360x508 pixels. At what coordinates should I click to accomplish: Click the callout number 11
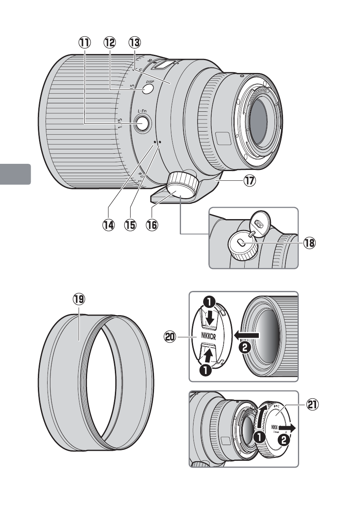coord(85,42)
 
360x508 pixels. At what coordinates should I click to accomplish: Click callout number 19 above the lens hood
coord(79,300)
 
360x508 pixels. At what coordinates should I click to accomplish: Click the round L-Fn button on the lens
coord(142,124)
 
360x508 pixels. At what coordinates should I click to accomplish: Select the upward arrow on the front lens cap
coord(208,355)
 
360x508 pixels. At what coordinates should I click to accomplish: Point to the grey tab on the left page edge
coord(15,174)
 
